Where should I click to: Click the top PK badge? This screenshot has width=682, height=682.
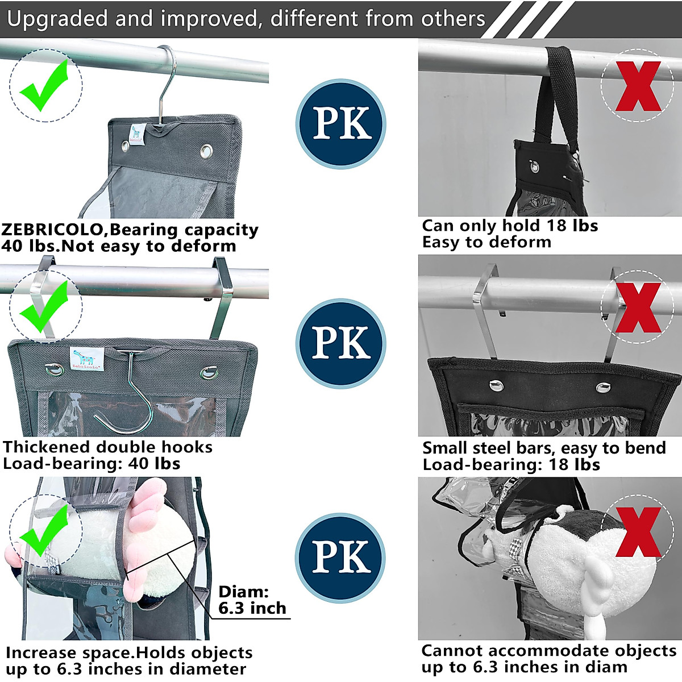pyautogui.click(x=341, y=124)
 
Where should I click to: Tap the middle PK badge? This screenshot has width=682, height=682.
pyautogui.click(x=341, y=343)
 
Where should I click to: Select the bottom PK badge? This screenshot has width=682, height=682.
pyautogui.click(x=340, y=558)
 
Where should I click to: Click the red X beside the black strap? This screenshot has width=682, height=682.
pyautogui.click(x=638, y=86)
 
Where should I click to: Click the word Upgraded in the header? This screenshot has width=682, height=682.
pyautogui.click(x=57, y=19)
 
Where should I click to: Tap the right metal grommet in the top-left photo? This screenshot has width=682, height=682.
pyautogui.click(x=206, y=151)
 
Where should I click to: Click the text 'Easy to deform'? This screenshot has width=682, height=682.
pyautogui.click(x=486, y=242)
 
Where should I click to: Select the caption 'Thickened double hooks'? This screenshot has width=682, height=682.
pyautogui.click(x=108, y=447)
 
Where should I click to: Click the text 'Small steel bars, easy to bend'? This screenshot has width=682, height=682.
pyautogui.click(x=544, y=448)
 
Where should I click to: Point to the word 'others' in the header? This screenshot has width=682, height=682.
pyautogui.click(x=453, y=19)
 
